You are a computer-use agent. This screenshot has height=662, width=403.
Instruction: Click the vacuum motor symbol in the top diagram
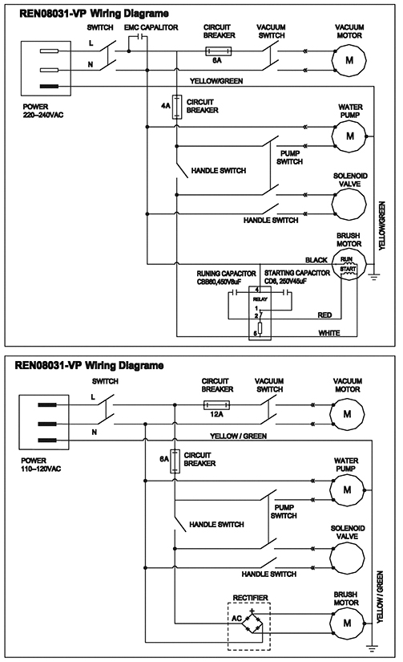pos(349,60)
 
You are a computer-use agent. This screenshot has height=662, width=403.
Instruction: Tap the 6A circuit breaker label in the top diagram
pos(216,60)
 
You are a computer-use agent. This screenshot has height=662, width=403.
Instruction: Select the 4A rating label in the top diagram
pos(165,105)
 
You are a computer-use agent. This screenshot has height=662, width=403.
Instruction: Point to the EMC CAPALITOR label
pos(151,27)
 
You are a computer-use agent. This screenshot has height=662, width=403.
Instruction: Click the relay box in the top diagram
pos(260,313)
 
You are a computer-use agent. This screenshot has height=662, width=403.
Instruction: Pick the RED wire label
pos(324,315)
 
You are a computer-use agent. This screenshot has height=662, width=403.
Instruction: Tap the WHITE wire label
pos(329,333)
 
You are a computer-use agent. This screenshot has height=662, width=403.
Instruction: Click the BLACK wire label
pos(316,260)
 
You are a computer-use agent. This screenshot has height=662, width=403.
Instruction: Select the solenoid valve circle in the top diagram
pos(349,205)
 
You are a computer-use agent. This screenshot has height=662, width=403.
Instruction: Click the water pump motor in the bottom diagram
pos(346,489)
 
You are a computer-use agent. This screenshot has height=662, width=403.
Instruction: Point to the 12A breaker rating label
pos(216,414)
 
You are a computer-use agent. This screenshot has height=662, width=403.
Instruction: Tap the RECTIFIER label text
pos(251,598)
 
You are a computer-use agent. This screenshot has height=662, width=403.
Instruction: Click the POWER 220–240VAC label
pos(43,111)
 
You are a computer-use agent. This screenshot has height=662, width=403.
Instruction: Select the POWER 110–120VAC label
pos(41,465)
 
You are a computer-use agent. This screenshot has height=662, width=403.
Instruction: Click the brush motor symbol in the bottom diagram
pos(346,623)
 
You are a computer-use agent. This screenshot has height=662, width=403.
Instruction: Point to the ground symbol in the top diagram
pos(374,277)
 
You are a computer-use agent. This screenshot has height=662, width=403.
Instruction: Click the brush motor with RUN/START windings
pos(349,265)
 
